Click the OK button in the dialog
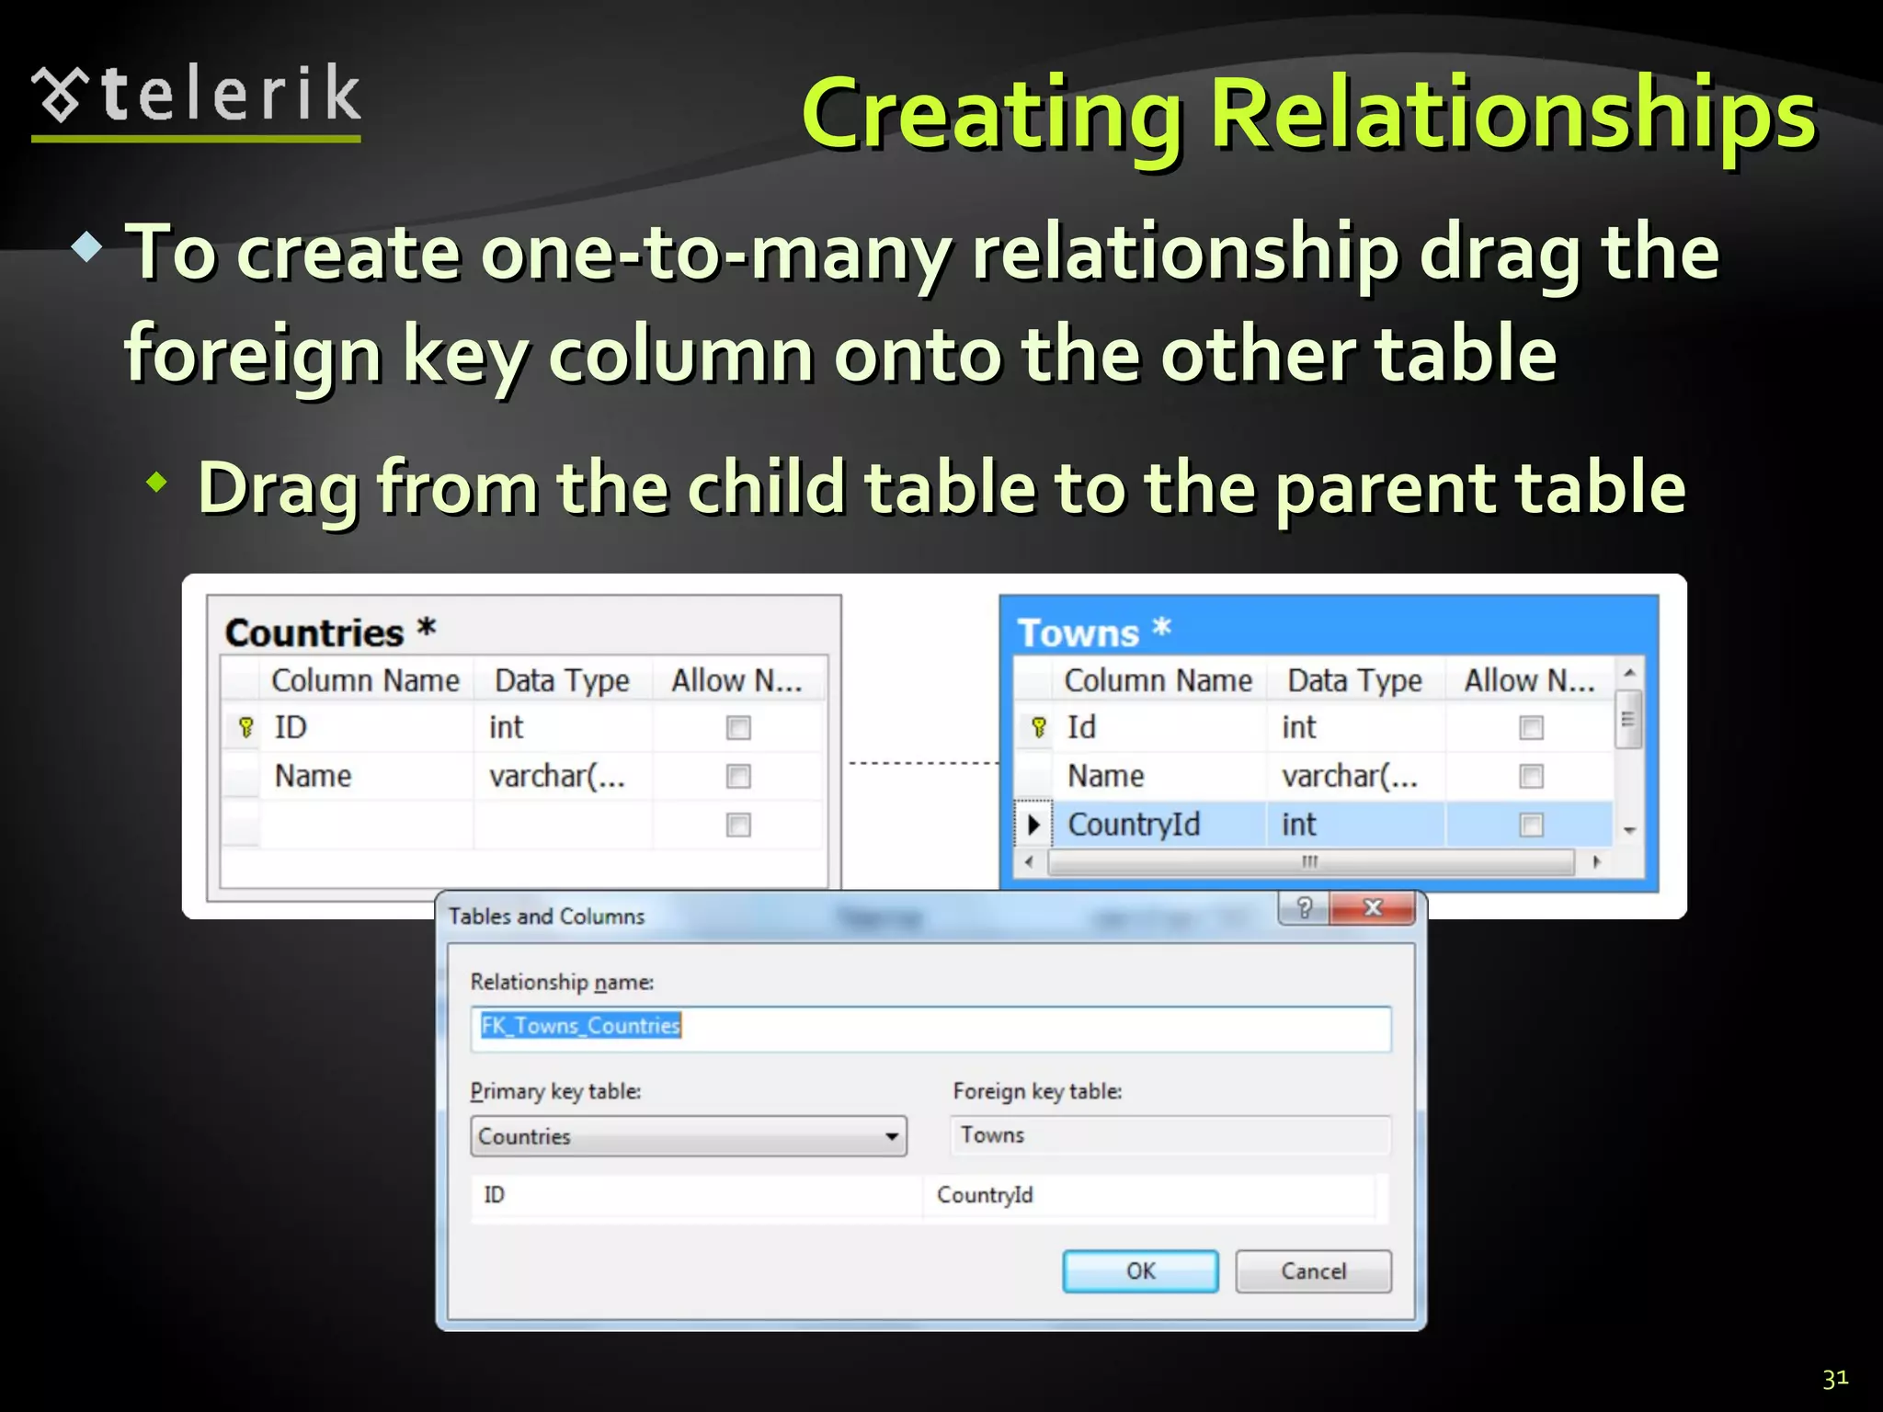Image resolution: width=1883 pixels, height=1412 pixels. coord(1140,1271)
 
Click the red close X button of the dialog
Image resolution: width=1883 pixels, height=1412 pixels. coord(1373,908)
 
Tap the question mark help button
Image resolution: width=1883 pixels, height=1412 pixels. coord(1304,908)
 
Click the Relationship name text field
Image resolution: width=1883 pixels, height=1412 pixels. coord(930,1028)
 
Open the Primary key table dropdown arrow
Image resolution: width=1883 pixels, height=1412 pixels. coord(890,1136)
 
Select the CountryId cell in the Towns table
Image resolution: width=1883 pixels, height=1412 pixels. coord(1135,825)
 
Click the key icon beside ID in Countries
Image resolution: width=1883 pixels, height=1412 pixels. coord(245,728)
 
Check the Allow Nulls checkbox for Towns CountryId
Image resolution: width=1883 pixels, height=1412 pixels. coord(1531,825)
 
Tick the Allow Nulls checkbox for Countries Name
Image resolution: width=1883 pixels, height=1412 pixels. coord(738,777)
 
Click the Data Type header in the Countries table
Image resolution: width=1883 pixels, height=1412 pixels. coord(562,681)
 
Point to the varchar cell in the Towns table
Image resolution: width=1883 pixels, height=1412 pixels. coord(1350,777)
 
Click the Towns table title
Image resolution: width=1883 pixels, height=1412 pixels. coord(1078,633)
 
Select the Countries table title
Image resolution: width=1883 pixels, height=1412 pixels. coord(314,633)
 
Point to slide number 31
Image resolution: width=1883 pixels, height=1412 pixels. coord(1835,1378)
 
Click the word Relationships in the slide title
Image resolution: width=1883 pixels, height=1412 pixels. coord(1512,115)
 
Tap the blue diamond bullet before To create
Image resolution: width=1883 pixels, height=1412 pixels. coord(86,246)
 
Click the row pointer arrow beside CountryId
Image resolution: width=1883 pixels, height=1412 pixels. coord(1033,825)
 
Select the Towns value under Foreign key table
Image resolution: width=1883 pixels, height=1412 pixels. coord(993,1135)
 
